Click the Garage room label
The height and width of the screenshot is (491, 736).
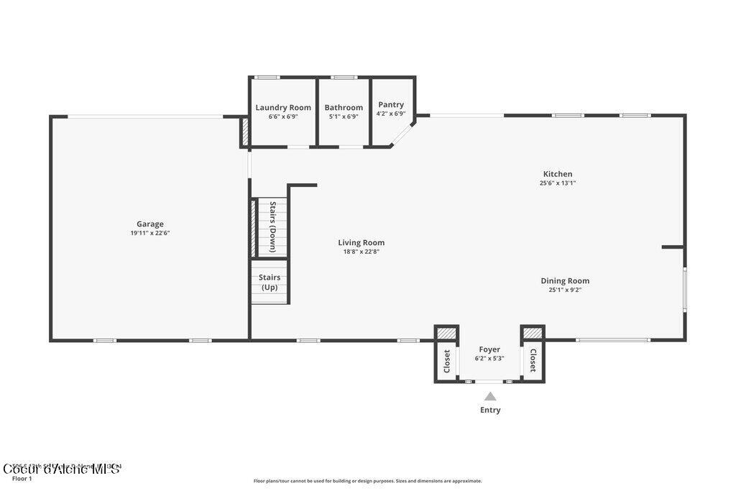[150, 224]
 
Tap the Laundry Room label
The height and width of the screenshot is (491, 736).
[283, 108]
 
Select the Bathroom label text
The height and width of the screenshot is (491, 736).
[344, 108]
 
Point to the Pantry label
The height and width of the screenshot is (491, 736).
[391, 104]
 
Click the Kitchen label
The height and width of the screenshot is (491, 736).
[558, 174]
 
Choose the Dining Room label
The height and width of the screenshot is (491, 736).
[565, 281]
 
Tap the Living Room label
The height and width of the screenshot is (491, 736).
[362, 242]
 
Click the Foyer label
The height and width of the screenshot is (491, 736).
[489, 349]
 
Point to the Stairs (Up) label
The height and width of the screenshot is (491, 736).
[270, 282]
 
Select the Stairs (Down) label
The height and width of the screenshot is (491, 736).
[273, 227]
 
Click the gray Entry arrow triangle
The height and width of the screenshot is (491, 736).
[490, 396]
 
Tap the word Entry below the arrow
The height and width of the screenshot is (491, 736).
[490, 410]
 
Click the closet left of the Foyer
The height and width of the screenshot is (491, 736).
[446, 360]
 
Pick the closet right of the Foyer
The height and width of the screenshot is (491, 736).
[533, 360]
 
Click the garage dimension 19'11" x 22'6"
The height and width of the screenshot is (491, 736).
[150, 233]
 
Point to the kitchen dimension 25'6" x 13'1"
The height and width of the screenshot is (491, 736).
[558, 183]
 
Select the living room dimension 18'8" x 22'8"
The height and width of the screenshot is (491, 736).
[362, 252]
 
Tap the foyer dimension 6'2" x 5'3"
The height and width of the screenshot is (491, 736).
[489, 358]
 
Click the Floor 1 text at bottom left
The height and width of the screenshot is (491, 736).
[22, 479]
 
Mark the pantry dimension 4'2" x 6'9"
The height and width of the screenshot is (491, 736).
[391, 114]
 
